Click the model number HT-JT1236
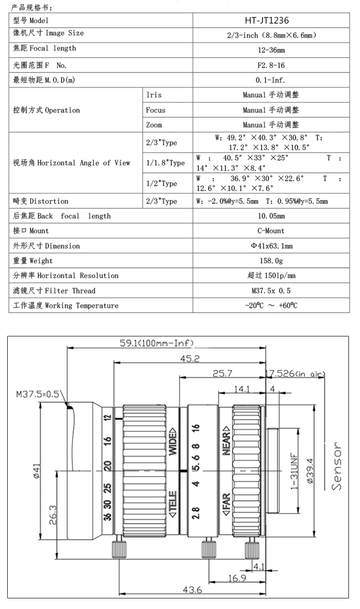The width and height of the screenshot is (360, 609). (271, 20)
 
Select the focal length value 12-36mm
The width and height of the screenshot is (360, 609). (271, 50)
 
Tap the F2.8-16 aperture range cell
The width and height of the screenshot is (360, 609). (271, 65)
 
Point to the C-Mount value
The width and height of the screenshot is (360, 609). (271, 231)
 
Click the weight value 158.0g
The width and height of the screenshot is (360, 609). (271, 261)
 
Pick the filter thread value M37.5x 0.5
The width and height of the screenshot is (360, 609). (271, 290)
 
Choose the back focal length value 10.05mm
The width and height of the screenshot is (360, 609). (271, 216)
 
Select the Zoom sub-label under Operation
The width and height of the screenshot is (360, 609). (154, 125)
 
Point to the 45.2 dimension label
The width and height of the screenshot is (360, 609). (190, 358)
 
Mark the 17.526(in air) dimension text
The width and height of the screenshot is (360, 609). (295, 374)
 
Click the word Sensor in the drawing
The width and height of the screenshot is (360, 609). (337, 466)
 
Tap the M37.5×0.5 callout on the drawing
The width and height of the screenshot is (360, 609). (37, 394)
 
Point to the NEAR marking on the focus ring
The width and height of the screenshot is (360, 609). (226, 440)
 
